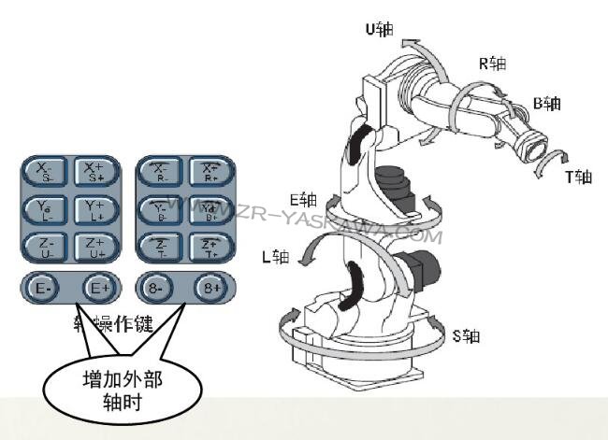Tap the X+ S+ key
[x=94, y=173]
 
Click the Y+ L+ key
[x=94, y=211]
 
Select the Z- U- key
[x=46, y=248]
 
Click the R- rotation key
[x=160, y=173]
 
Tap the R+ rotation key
[x=210, y=173]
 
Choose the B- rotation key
[x=160, y=211]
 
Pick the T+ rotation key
[x=210, y=248]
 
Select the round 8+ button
[x=211, y=289]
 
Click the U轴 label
[x=380, y=30]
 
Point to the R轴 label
[x=492, y=64]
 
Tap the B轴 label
[x=547, y=102]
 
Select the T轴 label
[x=579, y=176]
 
